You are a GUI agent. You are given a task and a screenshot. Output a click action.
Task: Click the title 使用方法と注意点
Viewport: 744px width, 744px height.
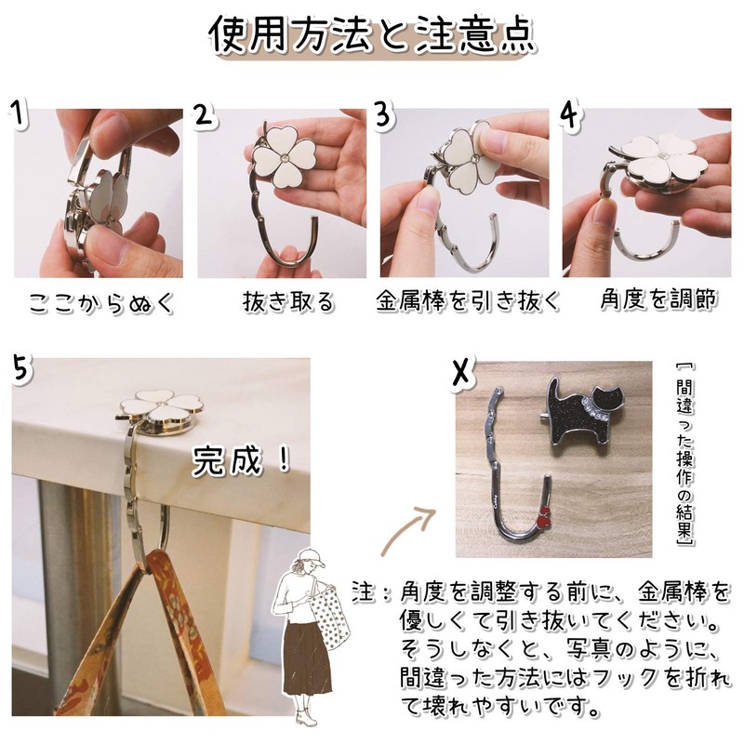tap(371, 37)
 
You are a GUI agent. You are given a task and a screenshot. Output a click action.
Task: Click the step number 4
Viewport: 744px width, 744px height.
tap(570, 116)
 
